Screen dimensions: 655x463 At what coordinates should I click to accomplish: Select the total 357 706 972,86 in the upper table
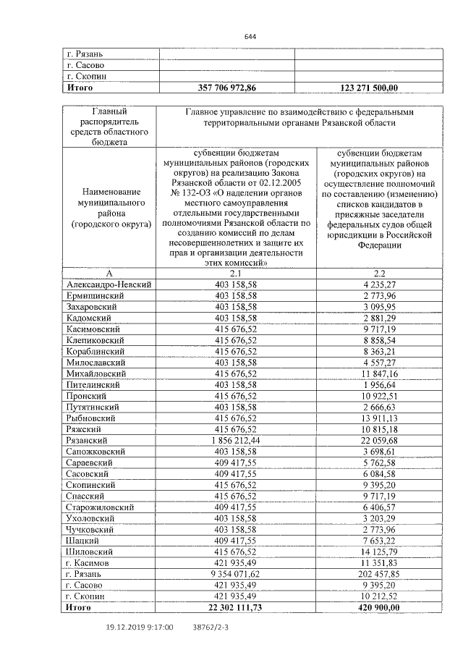[x=226, y=88]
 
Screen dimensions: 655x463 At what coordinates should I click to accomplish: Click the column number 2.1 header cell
[x=236, y=274]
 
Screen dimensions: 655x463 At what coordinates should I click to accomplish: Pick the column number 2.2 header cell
[x=369, y=274]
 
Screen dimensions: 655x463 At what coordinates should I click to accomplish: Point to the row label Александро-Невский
[x=109, y=285]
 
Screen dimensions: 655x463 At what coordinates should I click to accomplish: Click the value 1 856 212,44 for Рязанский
[x=236, y=439]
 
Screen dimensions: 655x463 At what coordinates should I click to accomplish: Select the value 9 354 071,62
[x=236, y=572]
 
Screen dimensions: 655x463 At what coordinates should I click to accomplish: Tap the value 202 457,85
[x=379, y=572]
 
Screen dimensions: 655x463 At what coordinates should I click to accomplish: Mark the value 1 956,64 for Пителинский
[x=381, y=384]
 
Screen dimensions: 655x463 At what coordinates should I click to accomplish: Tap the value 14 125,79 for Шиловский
[x=379, y=551]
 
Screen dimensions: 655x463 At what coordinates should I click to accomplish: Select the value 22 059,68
[x=379, y=439]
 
